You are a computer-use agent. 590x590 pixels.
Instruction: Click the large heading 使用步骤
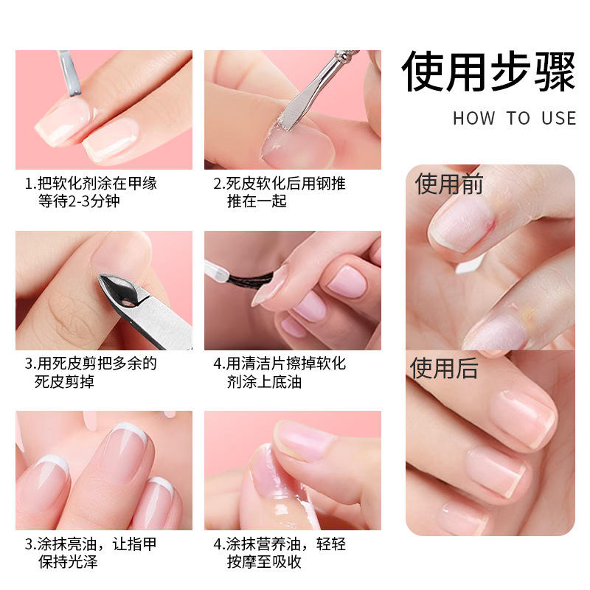[488, 72]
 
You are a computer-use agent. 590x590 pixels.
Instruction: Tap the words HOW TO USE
[514, 118]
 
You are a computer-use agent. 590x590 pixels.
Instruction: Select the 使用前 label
[449, 184]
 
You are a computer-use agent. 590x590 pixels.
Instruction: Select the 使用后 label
[444, 368]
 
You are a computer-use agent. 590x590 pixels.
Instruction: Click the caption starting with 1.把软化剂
[91, 192]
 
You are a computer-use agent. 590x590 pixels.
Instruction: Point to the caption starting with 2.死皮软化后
[280, 192]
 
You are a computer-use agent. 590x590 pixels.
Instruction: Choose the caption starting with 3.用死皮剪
[91, 372]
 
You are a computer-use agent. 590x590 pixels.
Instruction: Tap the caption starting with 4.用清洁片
[280, 372]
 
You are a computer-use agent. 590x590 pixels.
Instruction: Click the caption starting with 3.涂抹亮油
[91, 552]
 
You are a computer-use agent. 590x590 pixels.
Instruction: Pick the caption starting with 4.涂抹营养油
[280, 552]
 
